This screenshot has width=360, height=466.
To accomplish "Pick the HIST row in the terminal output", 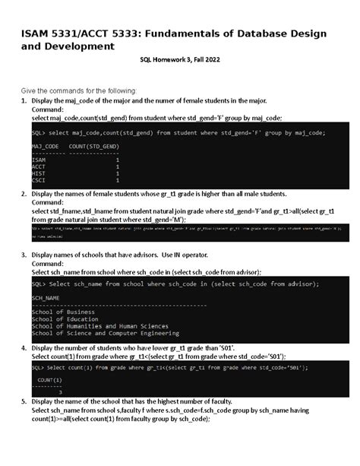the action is coord(39,173).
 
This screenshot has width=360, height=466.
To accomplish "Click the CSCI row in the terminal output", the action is coord(39,180).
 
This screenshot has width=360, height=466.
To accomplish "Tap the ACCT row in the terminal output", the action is coord(39,166).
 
